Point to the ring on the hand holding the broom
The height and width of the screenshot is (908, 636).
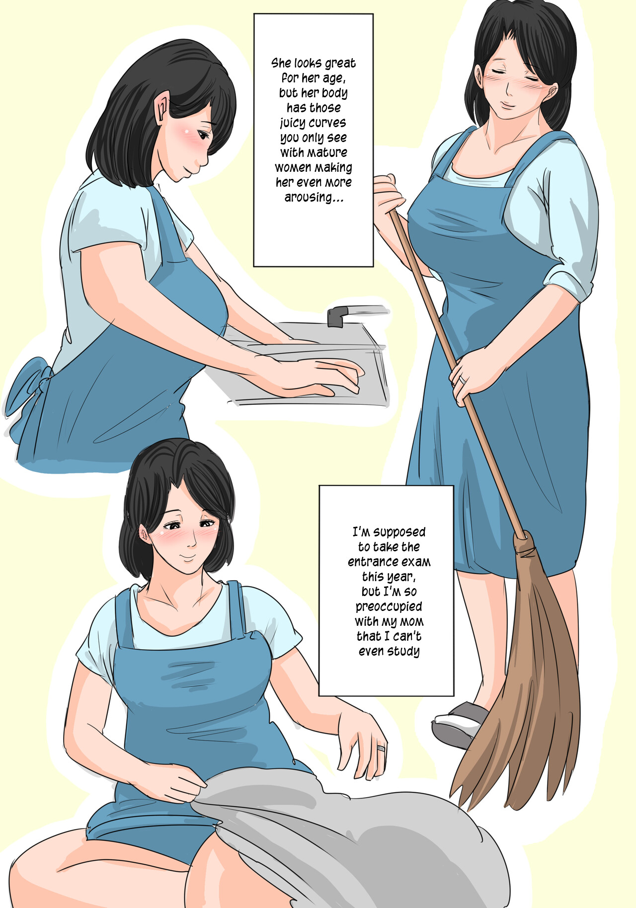point(463,379)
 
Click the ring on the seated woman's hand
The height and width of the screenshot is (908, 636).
point(381,748)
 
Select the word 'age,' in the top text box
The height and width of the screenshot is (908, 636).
point(332,78)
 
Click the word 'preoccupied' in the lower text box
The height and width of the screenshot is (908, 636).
point(389,607)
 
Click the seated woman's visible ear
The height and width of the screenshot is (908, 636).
point(145,535)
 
